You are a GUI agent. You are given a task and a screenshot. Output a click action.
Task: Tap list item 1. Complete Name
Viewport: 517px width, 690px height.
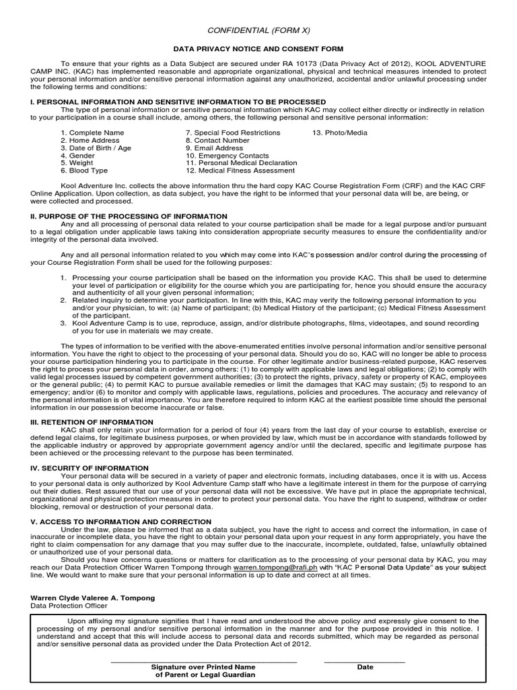(92, 133)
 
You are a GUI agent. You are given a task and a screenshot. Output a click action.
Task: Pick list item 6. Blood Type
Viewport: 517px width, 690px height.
(84, 170)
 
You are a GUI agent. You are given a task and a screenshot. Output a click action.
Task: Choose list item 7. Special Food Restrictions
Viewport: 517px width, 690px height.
(233, 133)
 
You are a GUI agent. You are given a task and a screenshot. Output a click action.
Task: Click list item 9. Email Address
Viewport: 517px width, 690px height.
(214, 148)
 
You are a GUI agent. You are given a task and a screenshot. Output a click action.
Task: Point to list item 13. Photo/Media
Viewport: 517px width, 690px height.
(340, 133)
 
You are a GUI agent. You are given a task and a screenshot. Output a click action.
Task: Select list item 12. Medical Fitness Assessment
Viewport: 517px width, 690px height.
(241, 170)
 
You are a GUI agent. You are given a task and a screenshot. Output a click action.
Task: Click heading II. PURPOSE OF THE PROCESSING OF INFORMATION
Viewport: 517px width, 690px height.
(129, 216)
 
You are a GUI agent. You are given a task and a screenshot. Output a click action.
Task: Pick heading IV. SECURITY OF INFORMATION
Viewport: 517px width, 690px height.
(90, 468)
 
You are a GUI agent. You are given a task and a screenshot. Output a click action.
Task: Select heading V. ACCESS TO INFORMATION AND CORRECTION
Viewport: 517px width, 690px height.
(121, 522)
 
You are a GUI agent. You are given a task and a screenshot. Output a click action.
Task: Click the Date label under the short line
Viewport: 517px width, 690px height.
(365, 667)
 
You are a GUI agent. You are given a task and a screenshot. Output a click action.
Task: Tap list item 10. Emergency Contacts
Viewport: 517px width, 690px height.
(223, 156)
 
